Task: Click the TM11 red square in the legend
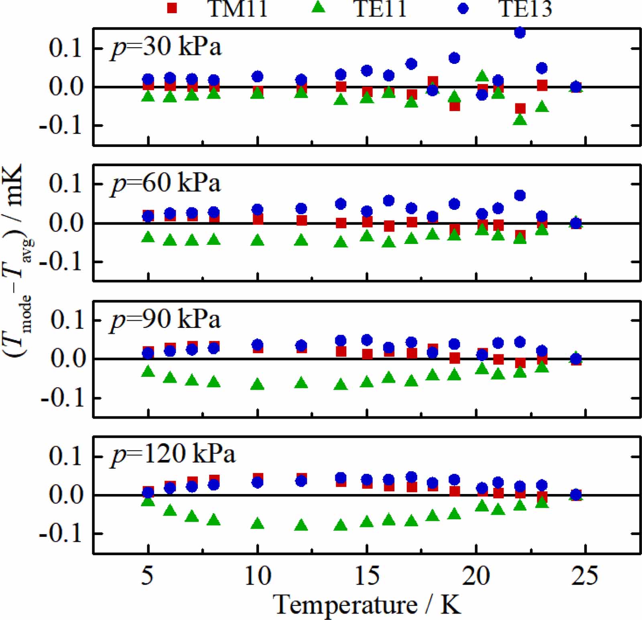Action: (x=172, y=8)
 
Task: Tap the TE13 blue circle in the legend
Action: (x=463, y=8)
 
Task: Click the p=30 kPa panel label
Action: (x=166, y=48)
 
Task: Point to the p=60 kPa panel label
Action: (x=166, y=183)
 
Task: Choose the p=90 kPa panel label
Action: (x=166, y=320)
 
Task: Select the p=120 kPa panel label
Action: (x=173, y=455)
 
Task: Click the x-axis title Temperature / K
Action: (x=366, y=604)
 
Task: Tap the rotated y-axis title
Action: (x=18, y=261)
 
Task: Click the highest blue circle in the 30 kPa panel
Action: (x=520, y=33)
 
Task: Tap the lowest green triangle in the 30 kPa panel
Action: (x=520, y=120)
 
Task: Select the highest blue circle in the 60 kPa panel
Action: (x=520, y=195)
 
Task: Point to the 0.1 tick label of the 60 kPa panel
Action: (x=65, y=184)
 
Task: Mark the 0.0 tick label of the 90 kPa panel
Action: (x=66, y=358)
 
